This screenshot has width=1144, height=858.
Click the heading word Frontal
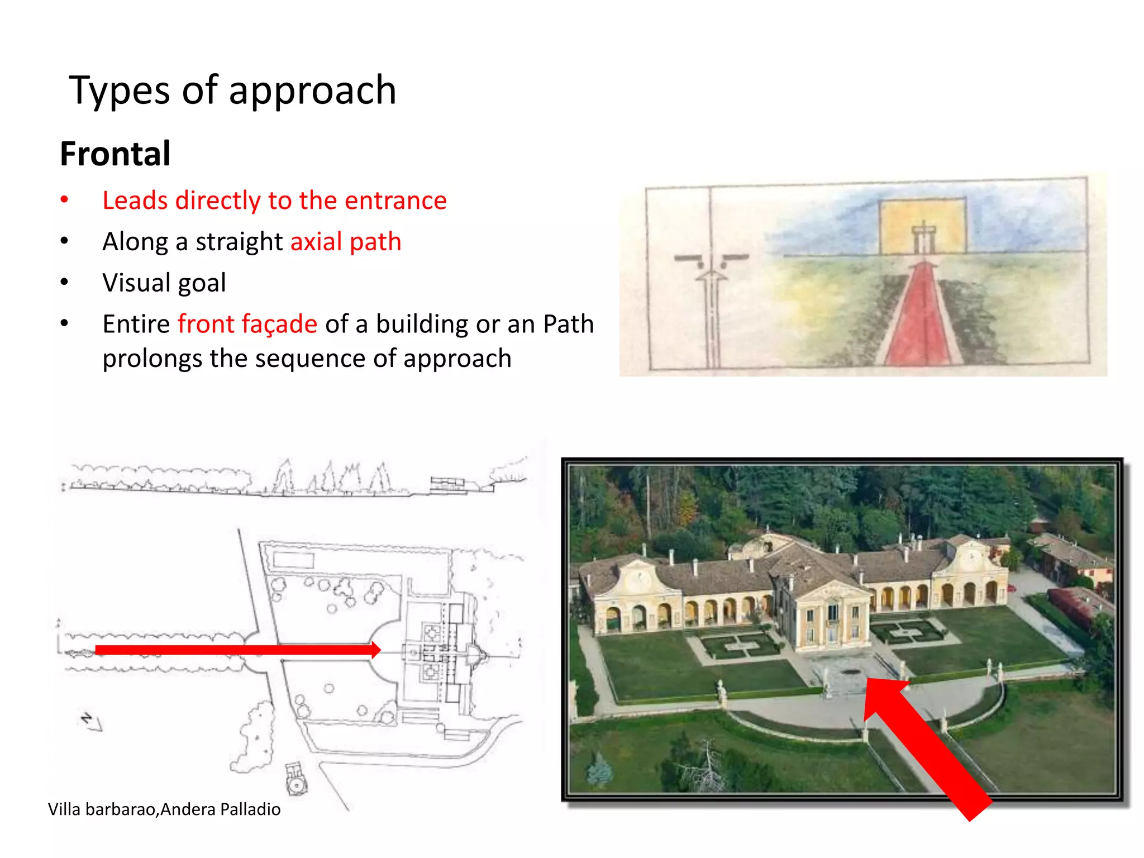[115, 154]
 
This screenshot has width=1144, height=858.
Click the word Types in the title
[119, 90]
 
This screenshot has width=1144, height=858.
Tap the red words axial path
[346, 242]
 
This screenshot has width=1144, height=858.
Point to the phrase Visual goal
[164, 283]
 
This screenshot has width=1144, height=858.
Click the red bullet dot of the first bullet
[64, 200]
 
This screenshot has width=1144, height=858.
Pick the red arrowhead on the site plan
[375, 650]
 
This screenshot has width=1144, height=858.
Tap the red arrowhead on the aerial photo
[883, 698]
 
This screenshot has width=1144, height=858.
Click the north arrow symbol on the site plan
[91, 722]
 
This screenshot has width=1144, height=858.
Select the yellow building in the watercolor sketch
[923, 226]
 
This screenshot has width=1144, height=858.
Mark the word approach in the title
[312, 90]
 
